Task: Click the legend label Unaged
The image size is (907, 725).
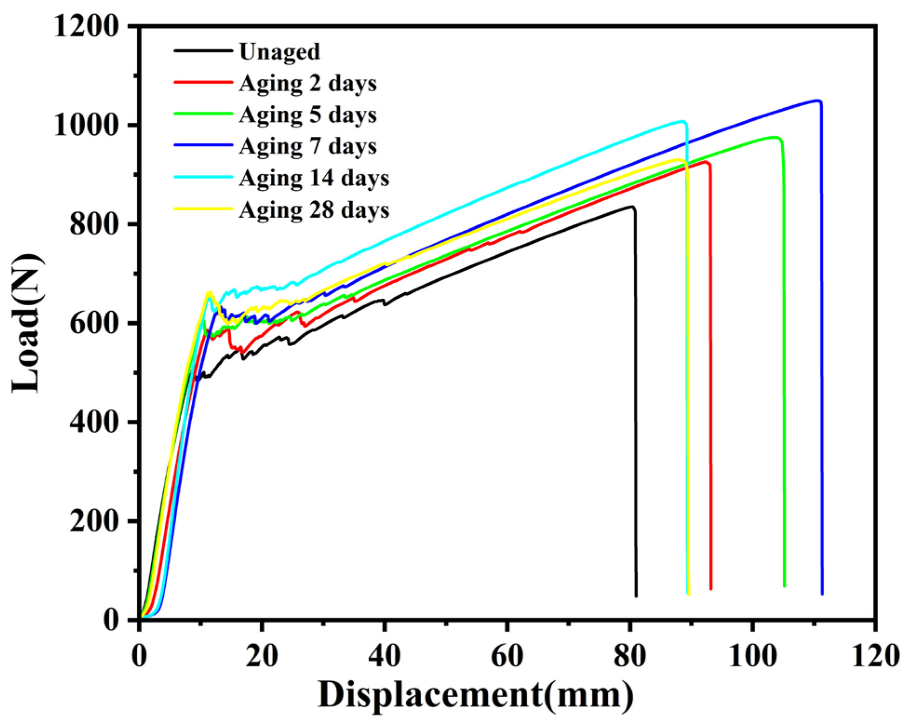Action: tap(279, 52)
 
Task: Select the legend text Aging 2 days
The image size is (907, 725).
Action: tap(308, 83)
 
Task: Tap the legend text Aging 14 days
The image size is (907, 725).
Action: tap(314, 178)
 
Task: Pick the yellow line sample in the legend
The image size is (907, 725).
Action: tap(203, 208)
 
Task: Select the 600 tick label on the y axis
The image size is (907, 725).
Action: tap(100, 324)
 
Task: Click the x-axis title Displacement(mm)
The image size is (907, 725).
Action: tap(476, 698)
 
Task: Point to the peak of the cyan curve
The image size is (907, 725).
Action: tap(683, 121)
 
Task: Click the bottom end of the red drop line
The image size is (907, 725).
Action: tap(711, 589)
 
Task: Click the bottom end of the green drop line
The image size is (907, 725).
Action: tap(785, 586)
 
